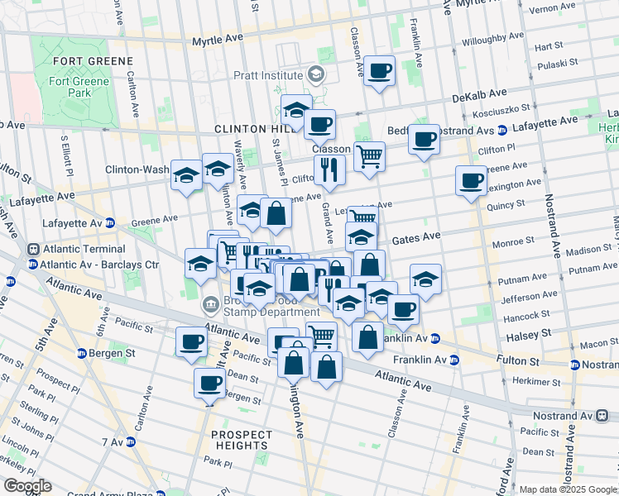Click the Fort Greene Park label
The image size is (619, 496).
[79, 87]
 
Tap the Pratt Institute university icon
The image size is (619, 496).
[315, 75]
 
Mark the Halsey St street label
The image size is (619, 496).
[522, 331]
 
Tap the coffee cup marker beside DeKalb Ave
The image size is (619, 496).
[380, 72]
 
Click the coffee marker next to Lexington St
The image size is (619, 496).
[471, 180]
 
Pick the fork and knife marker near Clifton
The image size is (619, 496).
[329, 170]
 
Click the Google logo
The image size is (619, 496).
[26, 486]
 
